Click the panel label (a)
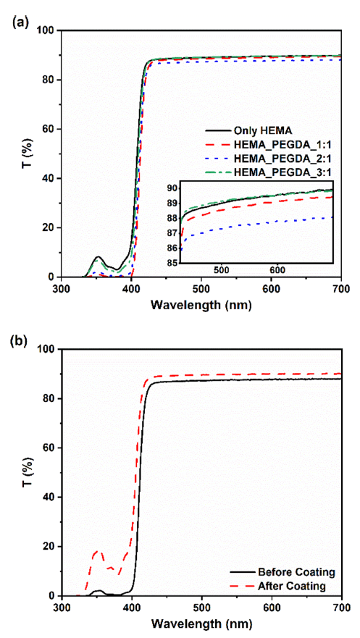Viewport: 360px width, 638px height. (x=17, y=21)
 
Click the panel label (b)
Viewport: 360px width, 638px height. (x=17, y=340)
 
